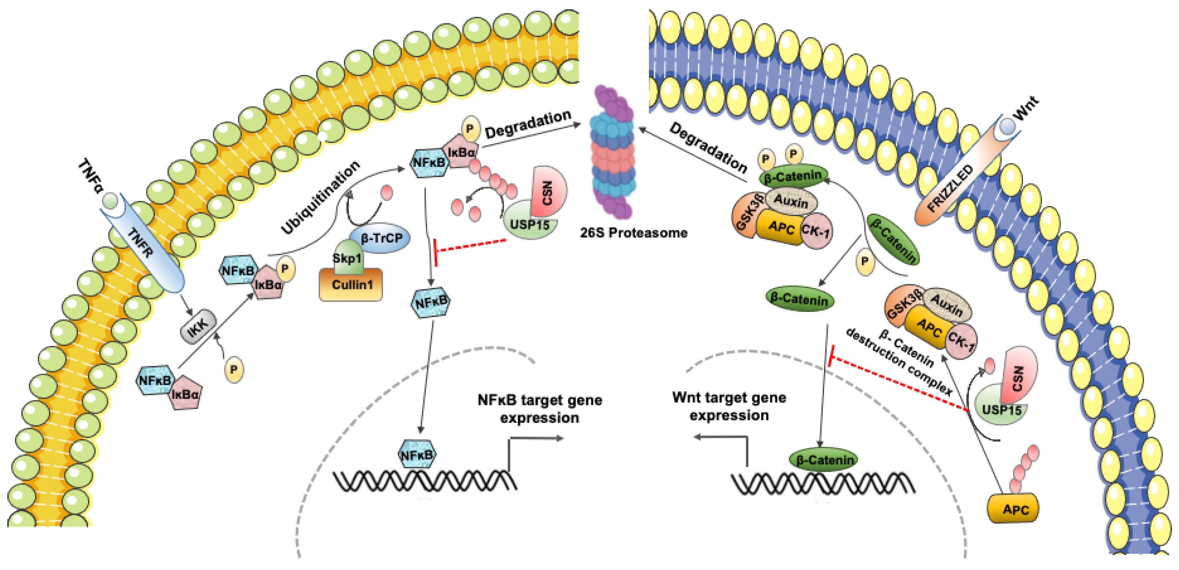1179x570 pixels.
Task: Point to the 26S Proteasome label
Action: (x=633, y=233)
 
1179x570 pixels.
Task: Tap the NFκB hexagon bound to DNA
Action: (x=417, y=454)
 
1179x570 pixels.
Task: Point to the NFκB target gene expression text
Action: (x=540, y=409)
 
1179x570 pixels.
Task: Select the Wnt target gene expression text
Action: (x=729, y=407)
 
